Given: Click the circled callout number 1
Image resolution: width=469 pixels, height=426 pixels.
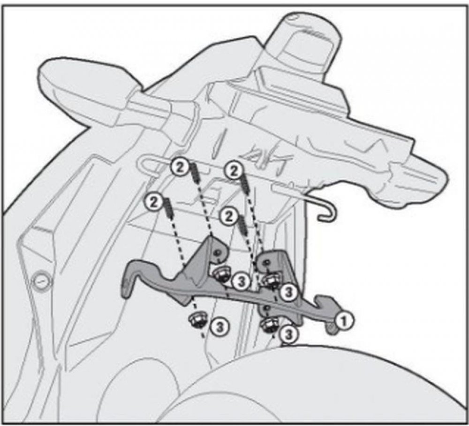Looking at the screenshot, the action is pos(343,321).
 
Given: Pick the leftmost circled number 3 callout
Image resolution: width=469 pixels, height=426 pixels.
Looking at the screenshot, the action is pos(220,327).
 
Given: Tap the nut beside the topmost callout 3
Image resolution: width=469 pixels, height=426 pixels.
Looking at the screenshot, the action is pos(221,273).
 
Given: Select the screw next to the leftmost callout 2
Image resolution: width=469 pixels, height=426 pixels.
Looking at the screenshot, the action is pos(168,207).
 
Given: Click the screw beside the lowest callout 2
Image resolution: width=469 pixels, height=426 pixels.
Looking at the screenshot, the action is pos(242,223).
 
